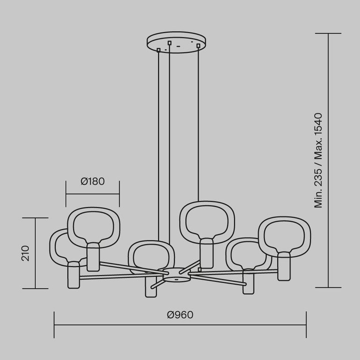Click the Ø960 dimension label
(x=180, y=315)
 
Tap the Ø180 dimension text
(x=93, y=181)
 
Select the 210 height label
(x=25, y=253)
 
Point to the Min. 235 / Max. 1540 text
(x=318, y=160)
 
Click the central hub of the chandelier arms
(x=177, y=274)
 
